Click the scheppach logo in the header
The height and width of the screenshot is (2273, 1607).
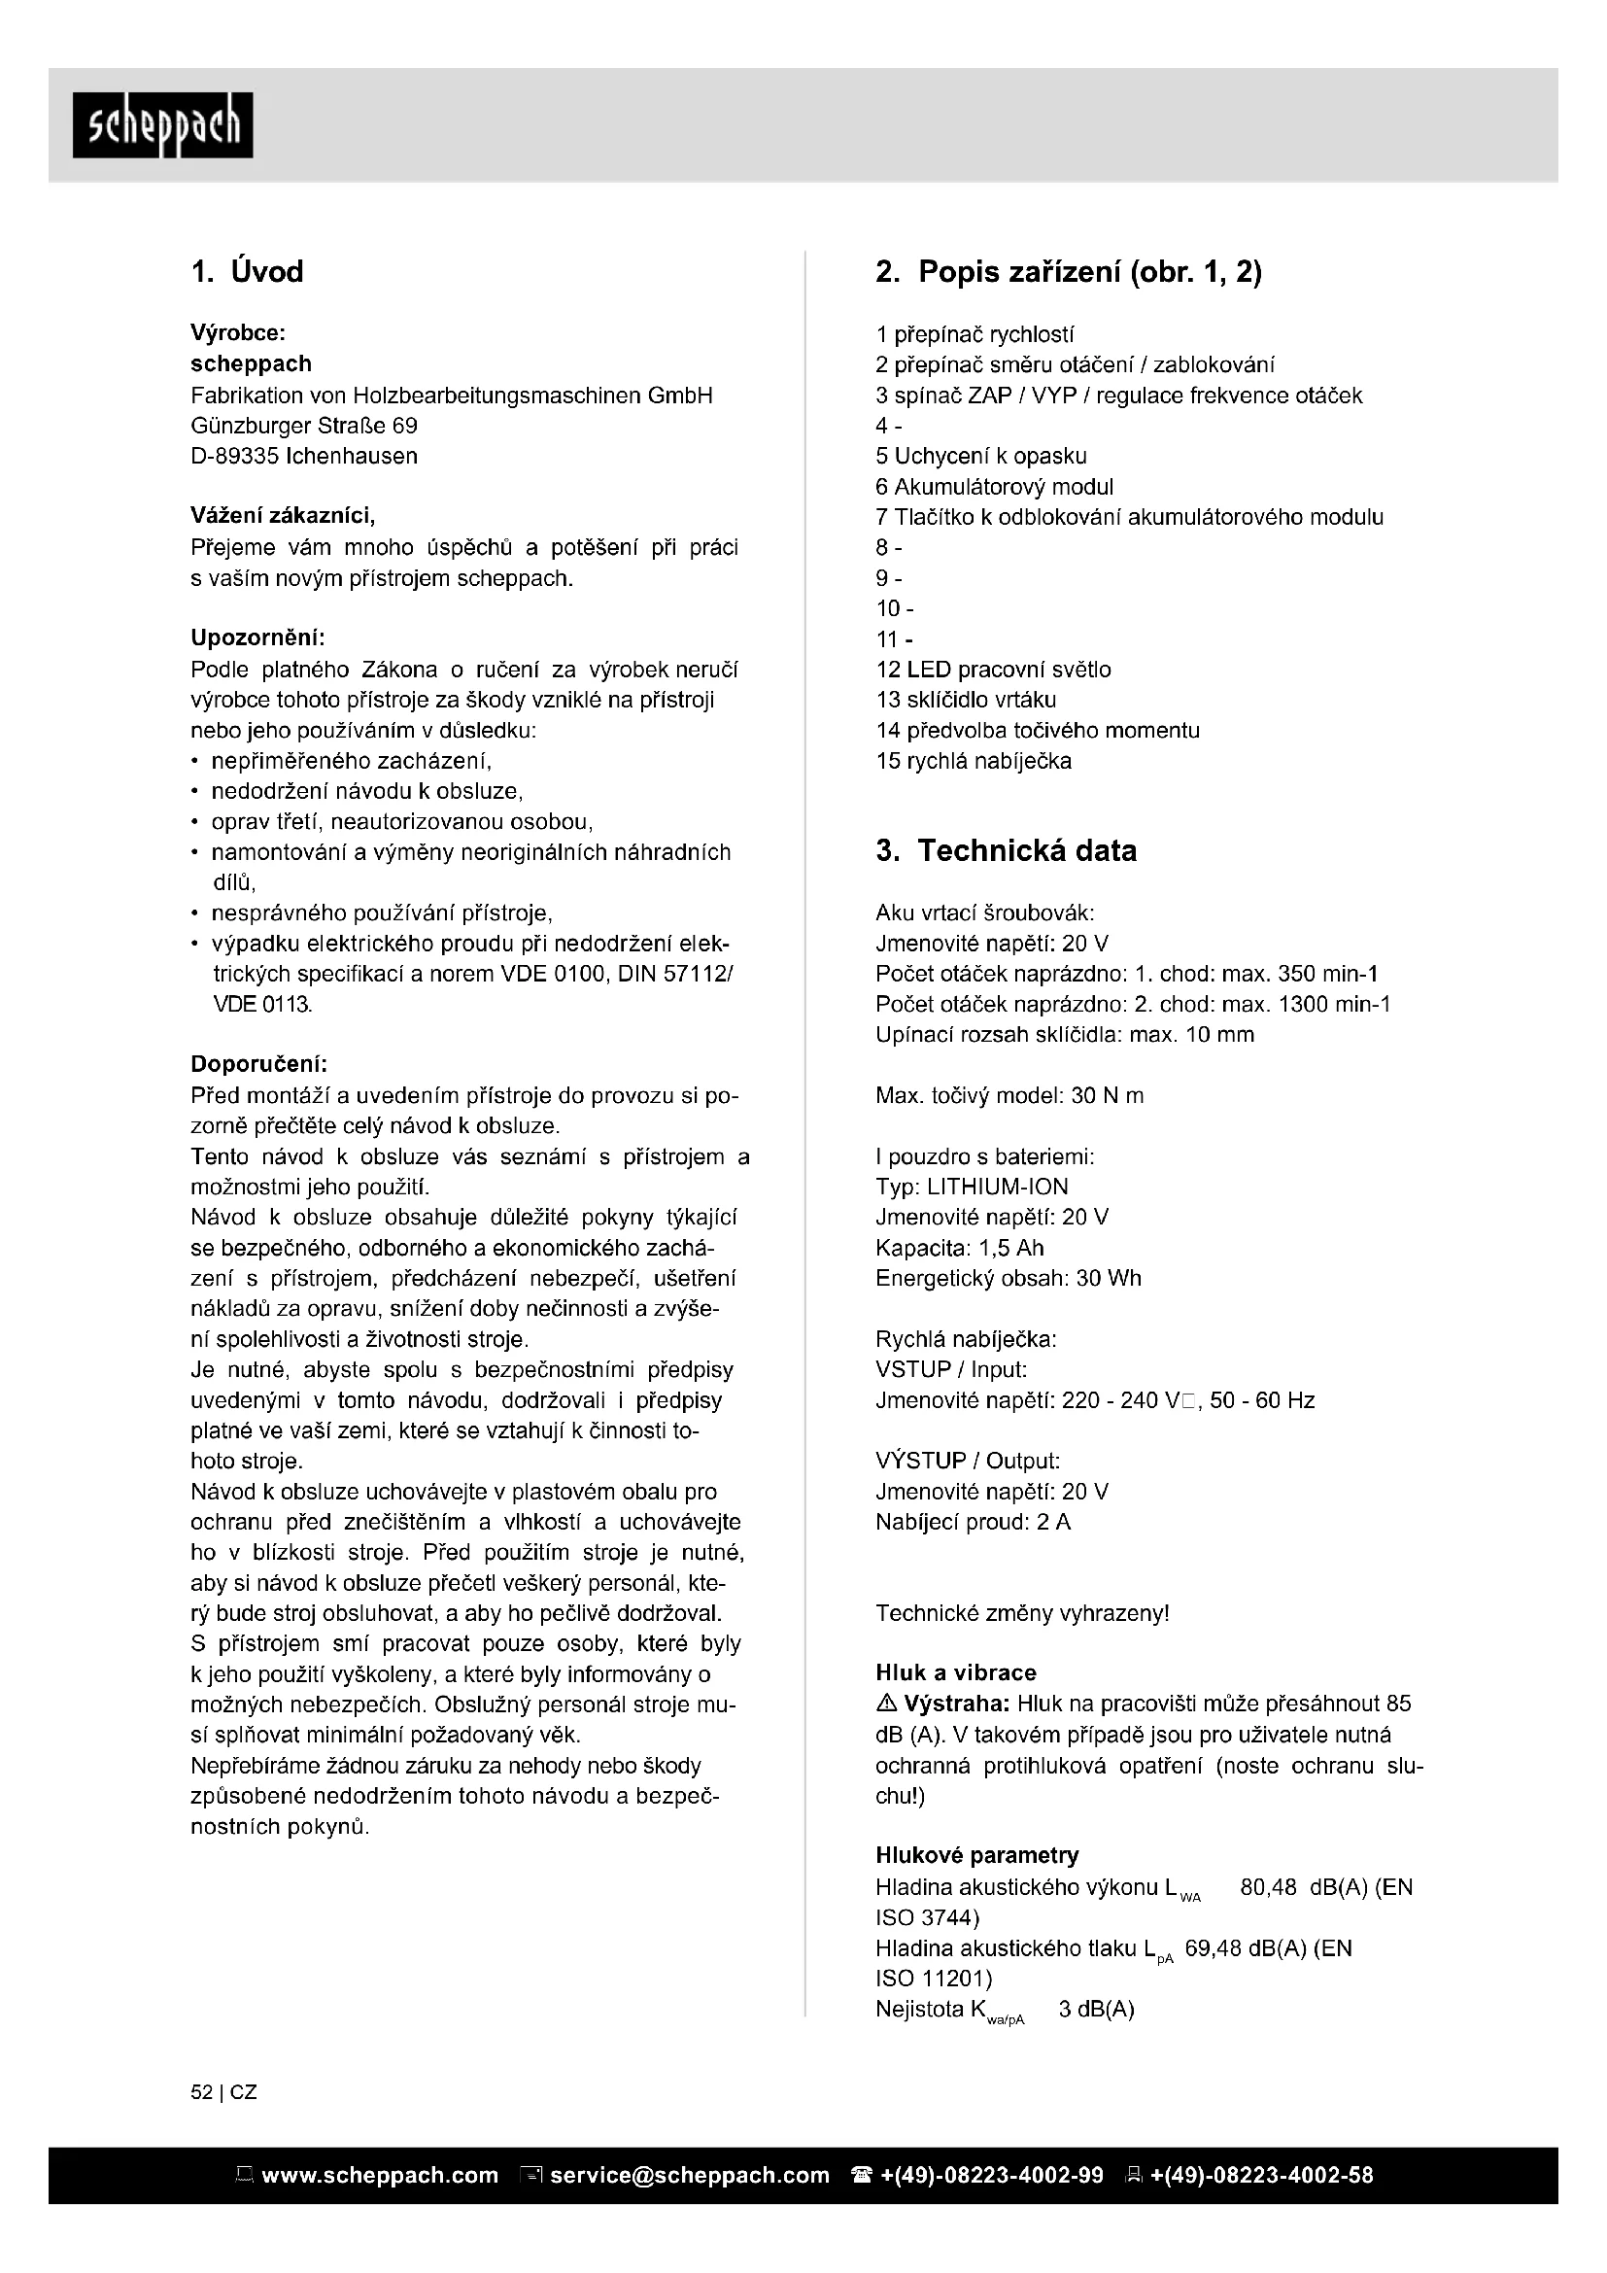[162, 125]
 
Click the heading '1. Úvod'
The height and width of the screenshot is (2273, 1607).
[247, 271]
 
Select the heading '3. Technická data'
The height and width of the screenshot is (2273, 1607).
[1007, 850]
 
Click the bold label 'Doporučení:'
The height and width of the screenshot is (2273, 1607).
[258, 1064]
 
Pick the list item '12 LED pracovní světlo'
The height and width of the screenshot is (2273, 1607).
[994, 670]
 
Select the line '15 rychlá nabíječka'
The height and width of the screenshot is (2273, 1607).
[974, 761]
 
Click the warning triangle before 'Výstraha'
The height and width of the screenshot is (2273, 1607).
[886, 1704]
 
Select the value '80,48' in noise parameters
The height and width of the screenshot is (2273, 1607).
[1268, 1887]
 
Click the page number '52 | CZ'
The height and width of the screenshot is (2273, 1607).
[223, 2093]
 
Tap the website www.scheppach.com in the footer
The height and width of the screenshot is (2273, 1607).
[379, 2175]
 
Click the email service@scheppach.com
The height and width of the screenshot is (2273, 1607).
[689, 2175]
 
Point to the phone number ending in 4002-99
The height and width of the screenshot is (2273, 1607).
[990, 2175]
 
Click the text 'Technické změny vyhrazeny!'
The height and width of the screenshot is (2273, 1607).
[1022, 1614]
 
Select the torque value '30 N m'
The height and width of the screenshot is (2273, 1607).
[1108, 1095]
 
